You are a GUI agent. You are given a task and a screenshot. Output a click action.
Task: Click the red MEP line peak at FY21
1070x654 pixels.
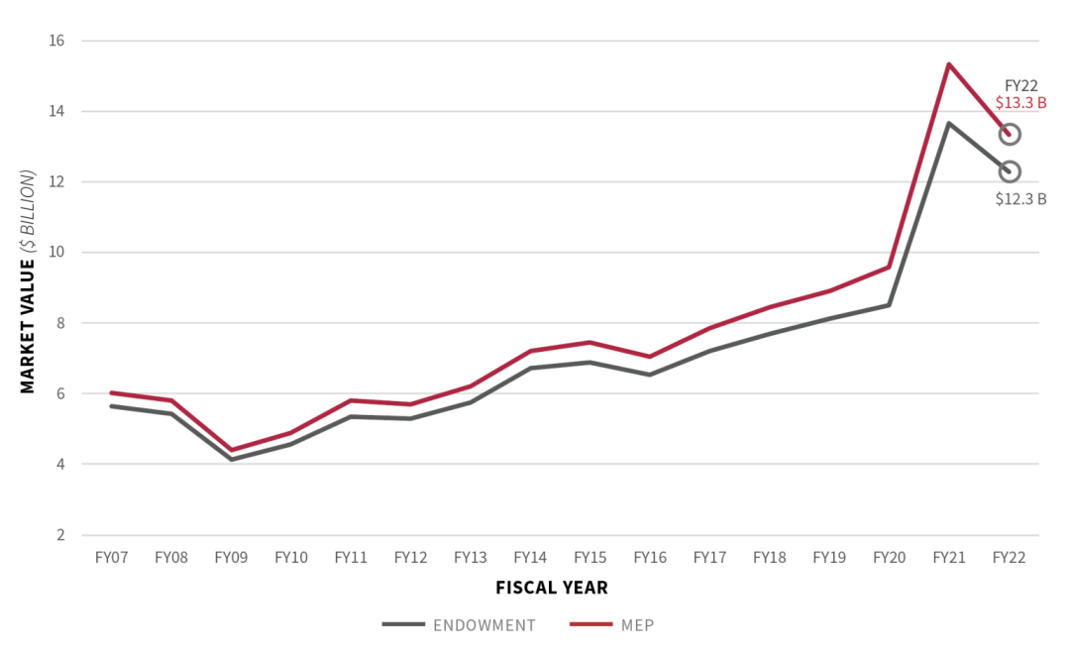pyautogui.click(x=948, y=65)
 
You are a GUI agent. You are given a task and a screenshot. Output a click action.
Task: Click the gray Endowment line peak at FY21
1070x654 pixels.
pyautogui.click(x=948, y=124)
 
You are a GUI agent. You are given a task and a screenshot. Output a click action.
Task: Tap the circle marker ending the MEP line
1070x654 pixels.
pyautogui.click(x=1010, y=134)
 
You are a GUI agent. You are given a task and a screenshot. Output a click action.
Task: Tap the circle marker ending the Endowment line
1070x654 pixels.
pyautogui.click(x=1010, y=171)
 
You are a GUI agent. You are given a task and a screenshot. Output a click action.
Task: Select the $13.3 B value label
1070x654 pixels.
pyautogui.click(x=1020, y=102)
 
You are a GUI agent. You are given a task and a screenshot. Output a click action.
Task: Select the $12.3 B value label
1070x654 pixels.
pyautogui.click(x=1020, y=198)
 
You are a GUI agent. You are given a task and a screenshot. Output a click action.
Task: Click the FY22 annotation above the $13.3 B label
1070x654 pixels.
pyautogui.click(x=1020, y=85)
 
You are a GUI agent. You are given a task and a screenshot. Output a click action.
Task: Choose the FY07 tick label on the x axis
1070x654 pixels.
pyautogui.click(x=111, y=558)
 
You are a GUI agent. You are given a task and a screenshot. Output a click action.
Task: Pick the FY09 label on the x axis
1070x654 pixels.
pyautogui.click(x=231, y=558)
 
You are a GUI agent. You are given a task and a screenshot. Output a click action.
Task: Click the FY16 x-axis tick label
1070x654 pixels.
pyautogui.click(x=649, y=558)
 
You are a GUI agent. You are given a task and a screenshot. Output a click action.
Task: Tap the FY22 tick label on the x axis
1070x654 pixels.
pyautogui.click(x=1009, y=558)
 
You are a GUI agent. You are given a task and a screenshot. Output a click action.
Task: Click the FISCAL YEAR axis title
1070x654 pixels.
pyautogui.click(x=552, y=588)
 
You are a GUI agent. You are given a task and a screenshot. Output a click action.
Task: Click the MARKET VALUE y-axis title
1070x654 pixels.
pyautogui.click(x=28, y=281)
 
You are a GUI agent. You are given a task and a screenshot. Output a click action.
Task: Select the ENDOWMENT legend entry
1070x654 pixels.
pyautogui.click(x=460, y=625)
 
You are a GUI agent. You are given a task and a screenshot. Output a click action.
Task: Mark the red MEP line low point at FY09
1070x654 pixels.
pyautogui.click(x=231, y=450)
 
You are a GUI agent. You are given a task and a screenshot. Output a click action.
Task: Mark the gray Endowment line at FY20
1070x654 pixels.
pyautogui.click(x=889, y=304)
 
